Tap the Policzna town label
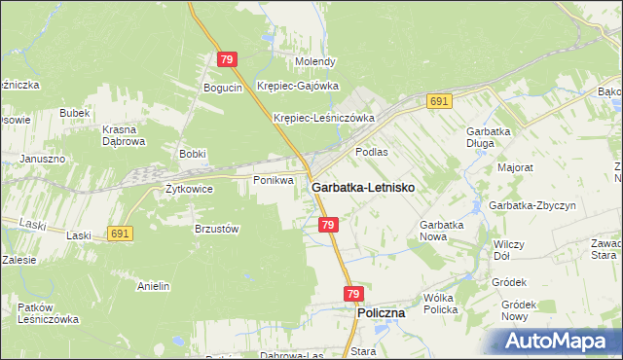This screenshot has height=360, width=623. click(x=382, y=314)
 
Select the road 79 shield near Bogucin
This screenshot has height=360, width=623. click(x=227, y=59)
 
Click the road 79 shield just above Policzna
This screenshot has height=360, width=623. click(x=353, y=294)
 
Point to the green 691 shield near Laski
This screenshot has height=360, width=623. click(x=121, y=234)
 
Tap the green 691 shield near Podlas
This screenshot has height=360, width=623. click(x=439, y=101)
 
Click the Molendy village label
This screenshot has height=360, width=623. click(x=315, y=61)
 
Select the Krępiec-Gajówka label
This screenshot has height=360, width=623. click(x=298, y=86)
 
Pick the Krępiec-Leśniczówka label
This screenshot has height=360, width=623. click(x=324, y=118)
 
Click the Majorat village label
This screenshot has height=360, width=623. click(x=515, y=167)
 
